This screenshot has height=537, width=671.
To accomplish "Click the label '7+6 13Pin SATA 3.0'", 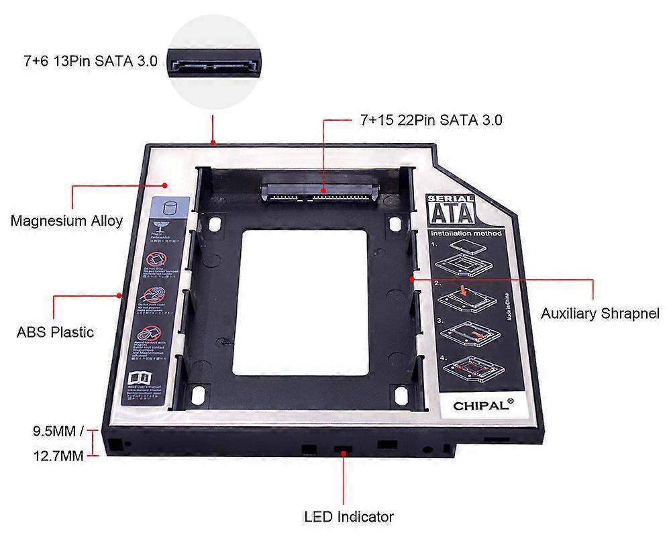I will point(90,61).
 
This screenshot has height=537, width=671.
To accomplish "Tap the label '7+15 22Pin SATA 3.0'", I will point(431,120).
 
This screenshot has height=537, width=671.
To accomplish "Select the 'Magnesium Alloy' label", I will point(66,220).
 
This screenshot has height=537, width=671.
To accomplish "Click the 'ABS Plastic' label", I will point(56,332).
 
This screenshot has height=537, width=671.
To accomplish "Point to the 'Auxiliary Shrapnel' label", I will point(600,313).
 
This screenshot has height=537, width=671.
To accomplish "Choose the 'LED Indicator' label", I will point(348,516).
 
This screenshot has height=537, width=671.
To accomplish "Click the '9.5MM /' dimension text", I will point(59,431).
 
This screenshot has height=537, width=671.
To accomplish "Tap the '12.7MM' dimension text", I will point(58,456).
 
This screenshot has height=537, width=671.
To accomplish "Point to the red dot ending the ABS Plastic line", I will point(119,295).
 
